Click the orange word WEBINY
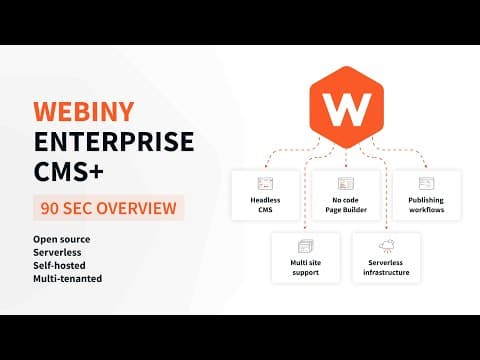[x=84, y=111]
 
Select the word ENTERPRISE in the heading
[x=114, y=141]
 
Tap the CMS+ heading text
[x=69, y=171]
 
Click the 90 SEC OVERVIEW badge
[x=108, y=208]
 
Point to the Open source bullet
[x=62, y=239]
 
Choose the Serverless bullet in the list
[x=57, y=252]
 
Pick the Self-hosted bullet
[x=59, y=265]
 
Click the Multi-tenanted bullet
[x=67, y=278]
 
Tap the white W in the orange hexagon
[x=347, y=109]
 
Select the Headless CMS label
[x=265, y=205]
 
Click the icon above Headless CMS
[x=265, y=183]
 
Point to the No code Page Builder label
[x=346, y=205]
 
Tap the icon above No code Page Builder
[x=346, y=183]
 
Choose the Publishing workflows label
[x=426, y=205]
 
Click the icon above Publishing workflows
[x=426, y=183]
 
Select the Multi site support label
[x=306, y=267]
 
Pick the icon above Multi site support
[x=306, y=246]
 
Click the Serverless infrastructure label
[x=386, y=267]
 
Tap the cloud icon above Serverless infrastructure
[x=387, y=246]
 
